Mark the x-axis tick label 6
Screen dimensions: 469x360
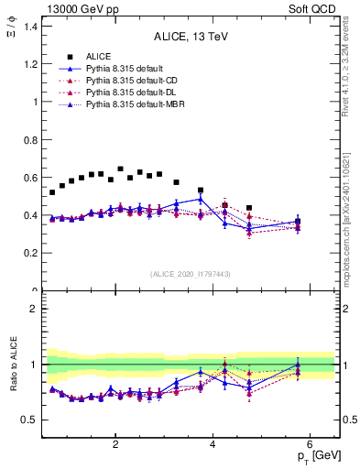coord(310,444)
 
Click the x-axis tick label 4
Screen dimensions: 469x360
coord(213,444)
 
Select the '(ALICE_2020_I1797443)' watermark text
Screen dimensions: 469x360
coord(191,274)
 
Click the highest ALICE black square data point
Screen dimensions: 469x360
coord(120,169)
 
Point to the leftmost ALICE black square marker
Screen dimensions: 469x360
coord(52,192)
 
